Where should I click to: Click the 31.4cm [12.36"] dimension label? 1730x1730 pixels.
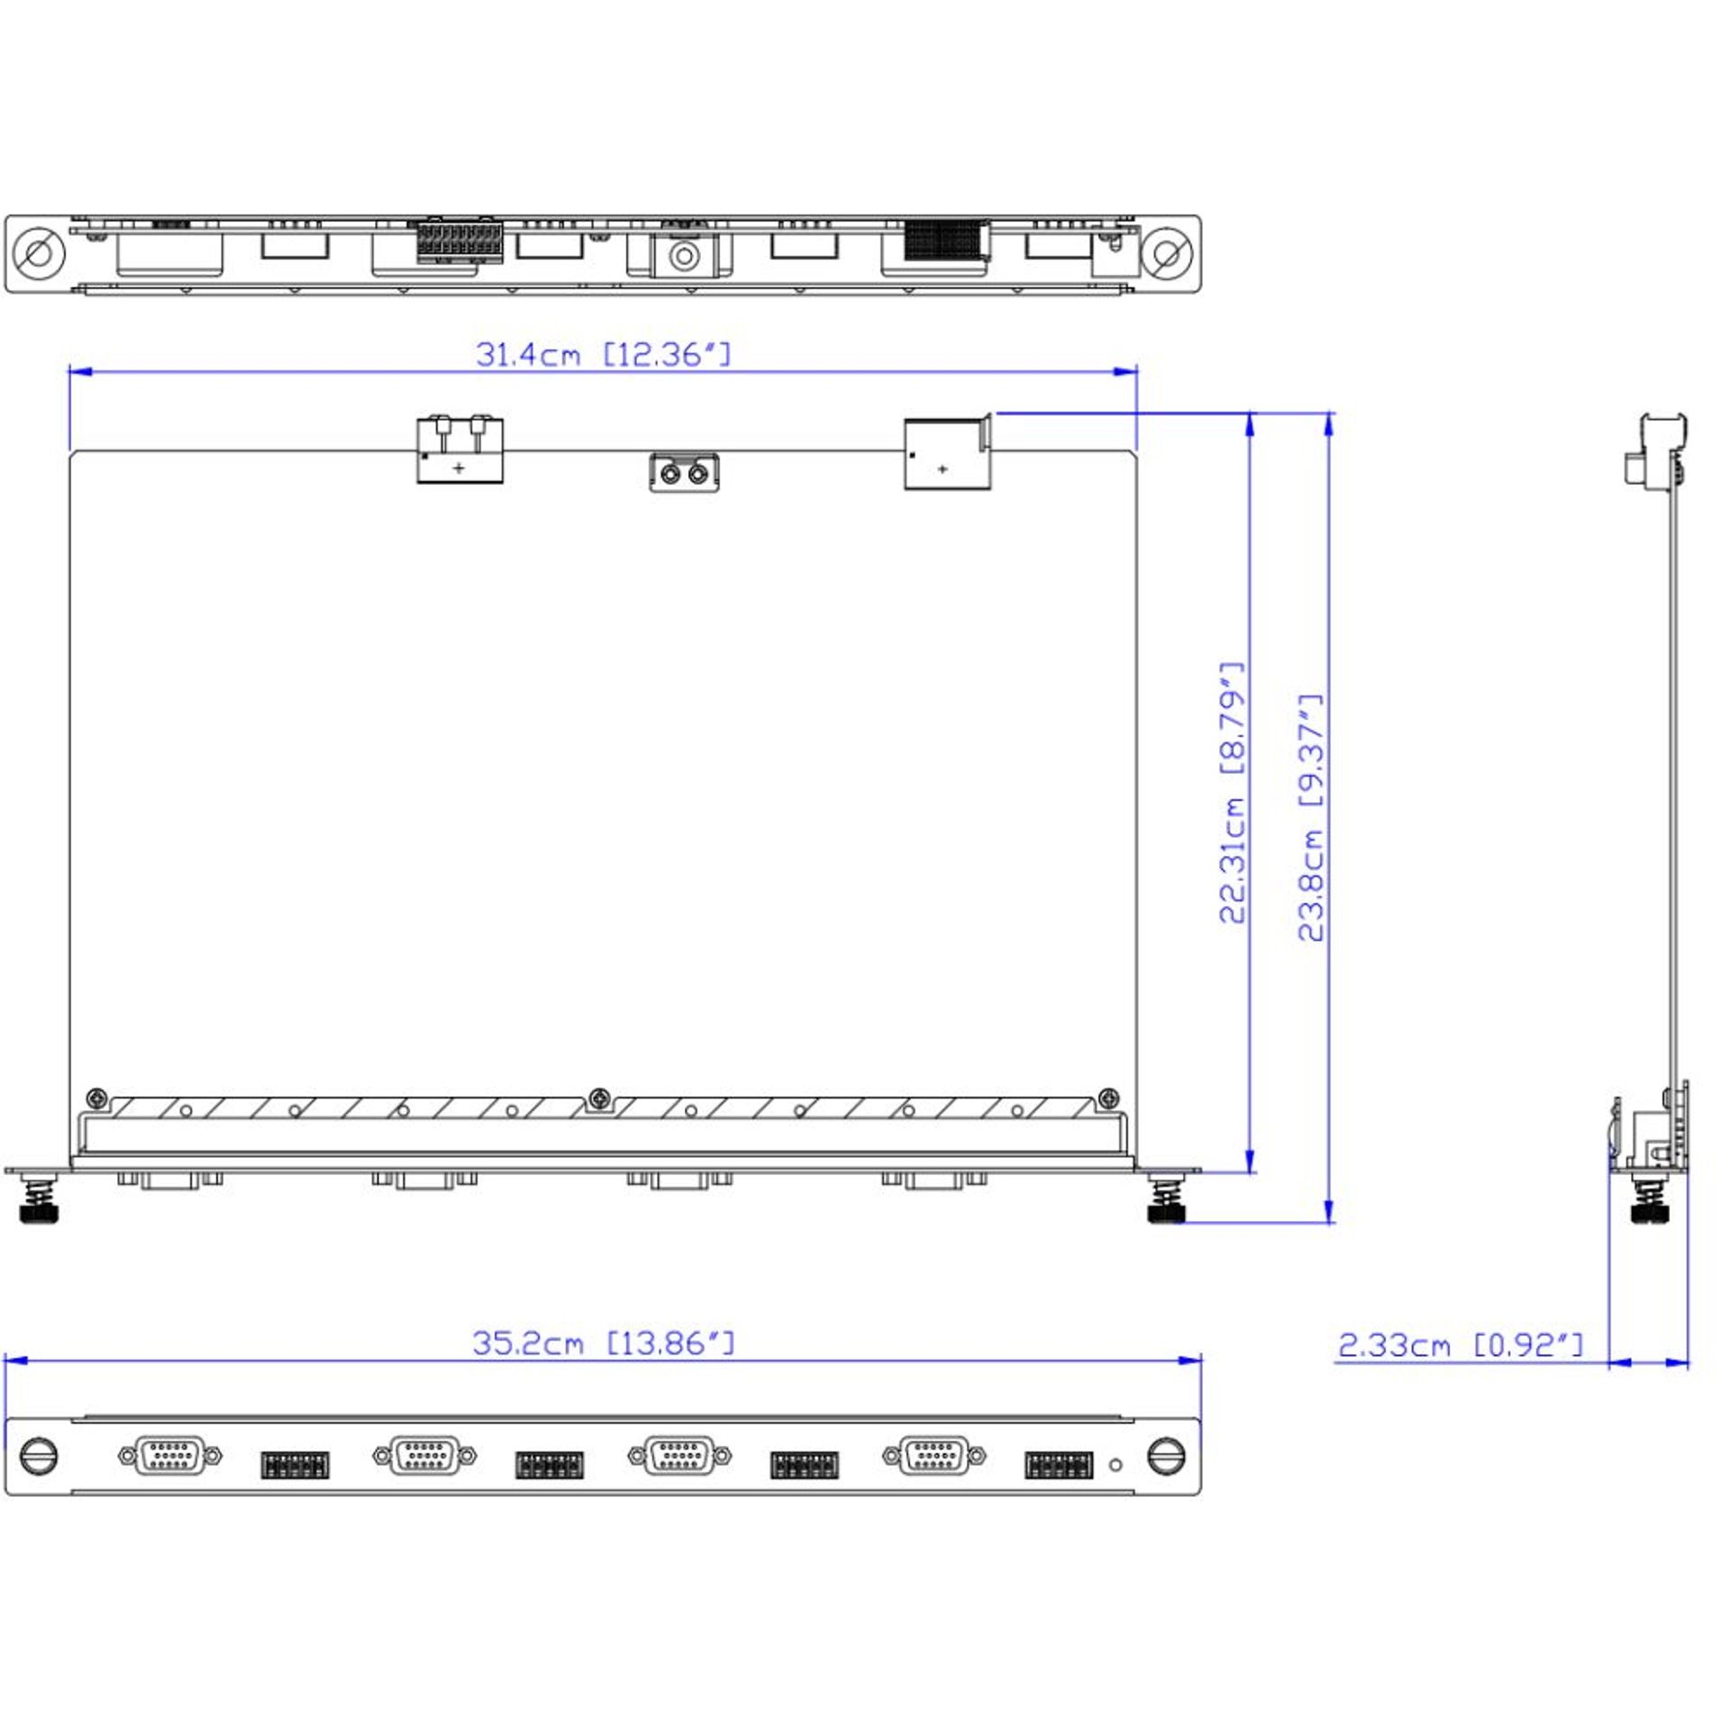[x=603, y=355]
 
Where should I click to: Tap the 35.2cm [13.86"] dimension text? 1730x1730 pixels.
[x=603, y=1343]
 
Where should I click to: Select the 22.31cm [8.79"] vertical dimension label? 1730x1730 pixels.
[x=1232, y=793]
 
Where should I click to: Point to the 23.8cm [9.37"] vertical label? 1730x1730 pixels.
[x=1311, y=817]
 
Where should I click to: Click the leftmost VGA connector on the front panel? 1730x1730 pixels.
[x=169, y=1455]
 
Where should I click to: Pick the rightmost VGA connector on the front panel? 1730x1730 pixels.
[x=934, y=1455]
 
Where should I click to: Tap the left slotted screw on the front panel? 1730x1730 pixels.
[x=38, y=1456]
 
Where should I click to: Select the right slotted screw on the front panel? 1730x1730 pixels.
[x=1167, y=1456]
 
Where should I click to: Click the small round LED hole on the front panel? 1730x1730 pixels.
[x=1115, y=1465]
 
